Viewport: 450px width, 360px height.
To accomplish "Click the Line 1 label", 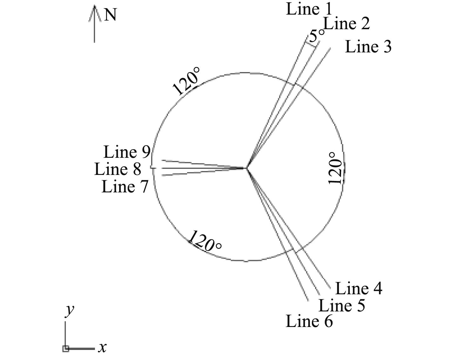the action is (309, 9).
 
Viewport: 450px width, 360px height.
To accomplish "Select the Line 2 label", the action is (346, 24).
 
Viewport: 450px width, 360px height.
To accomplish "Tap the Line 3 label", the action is (368, 47).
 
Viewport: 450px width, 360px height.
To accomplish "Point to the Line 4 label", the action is (359, 289).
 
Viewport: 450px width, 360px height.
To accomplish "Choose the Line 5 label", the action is (341, 305).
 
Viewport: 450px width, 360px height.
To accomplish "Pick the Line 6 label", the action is (309, 321).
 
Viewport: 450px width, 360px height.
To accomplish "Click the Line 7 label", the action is (125, 186).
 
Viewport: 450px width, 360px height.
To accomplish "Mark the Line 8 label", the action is (118, 169).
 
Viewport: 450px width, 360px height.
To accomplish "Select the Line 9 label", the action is (127, 152).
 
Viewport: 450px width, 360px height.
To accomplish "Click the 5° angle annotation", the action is (317, 35).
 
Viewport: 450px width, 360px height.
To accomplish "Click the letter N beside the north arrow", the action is (110, 15).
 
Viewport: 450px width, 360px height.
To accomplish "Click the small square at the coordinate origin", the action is (65, 349).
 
